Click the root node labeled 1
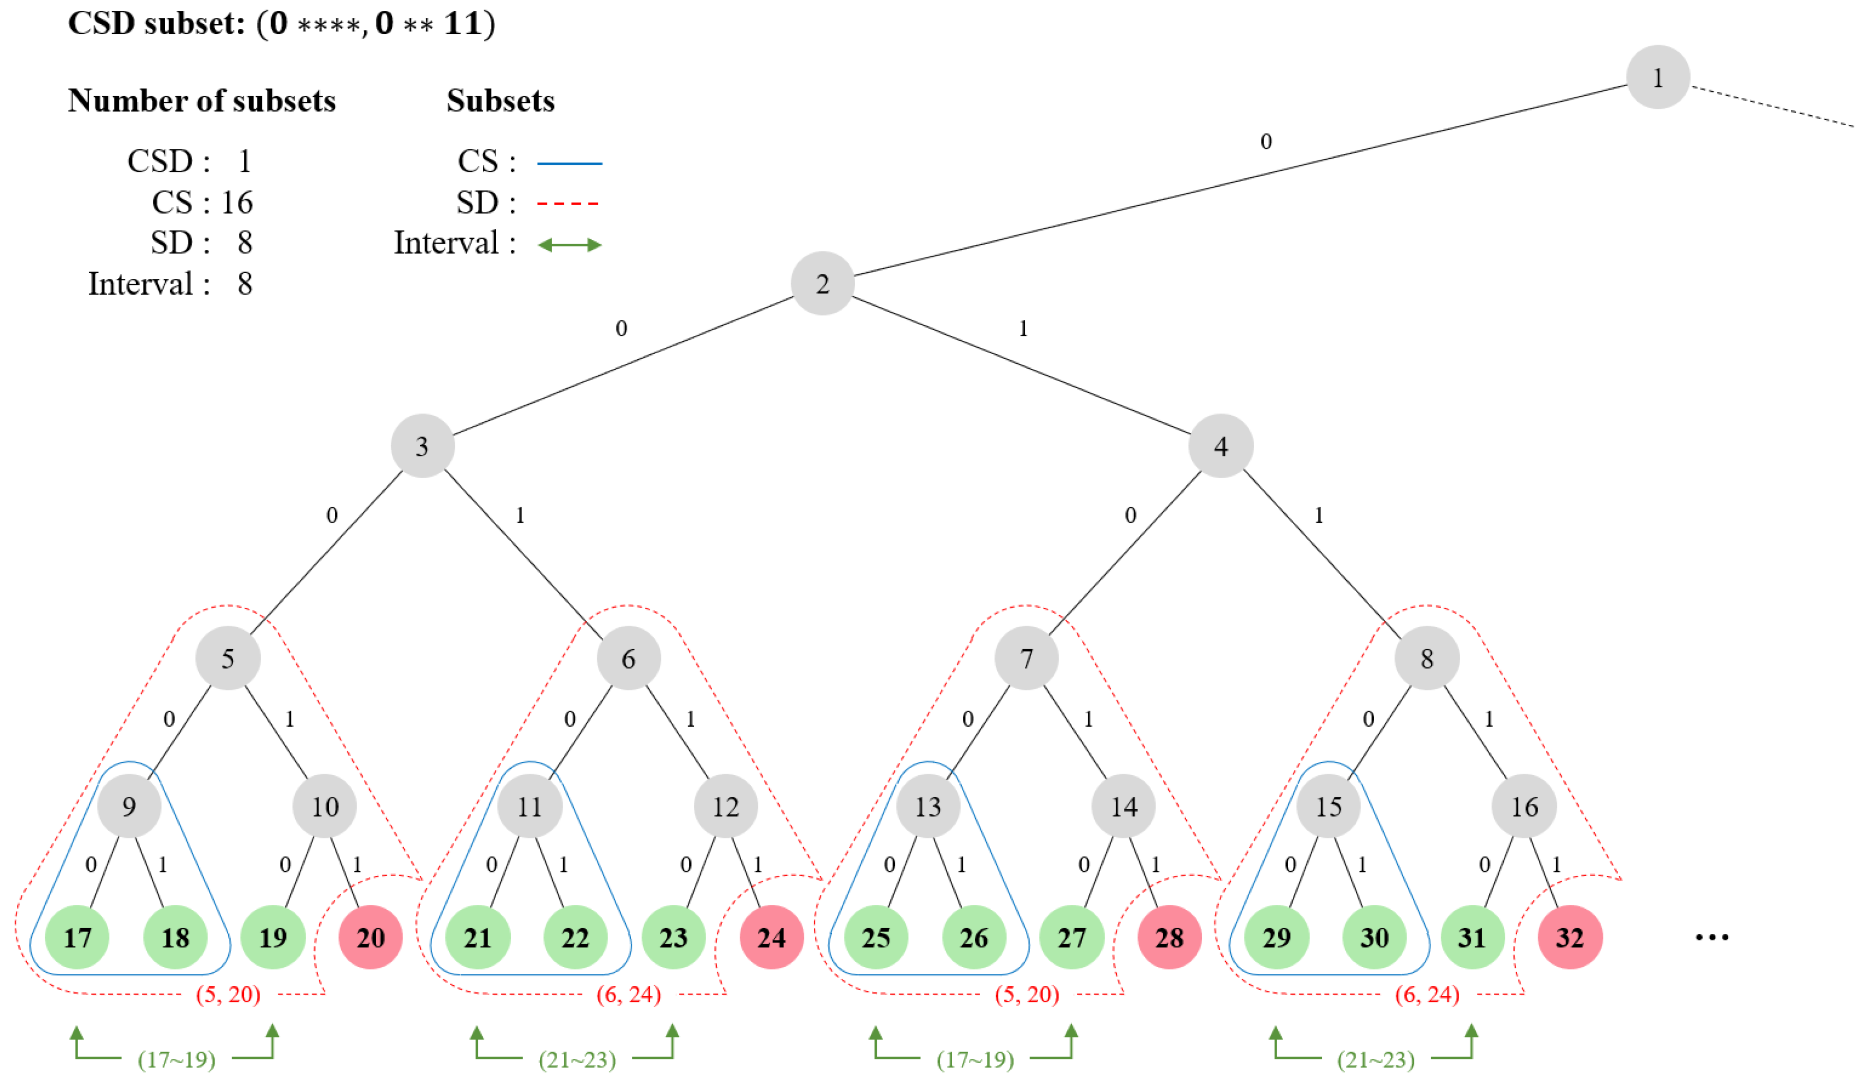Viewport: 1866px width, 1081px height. [x=1657, y=77]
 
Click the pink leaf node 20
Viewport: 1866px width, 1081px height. [x=370, y=937]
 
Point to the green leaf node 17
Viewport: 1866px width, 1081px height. [x=77, y=937]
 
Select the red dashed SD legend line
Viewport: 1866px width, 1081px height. [x=568, y=203]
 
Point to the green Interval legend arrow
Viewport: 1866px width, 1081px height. [x=569, y=245]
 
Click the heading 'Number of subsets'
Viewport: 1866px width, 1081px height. [x=201, y=101]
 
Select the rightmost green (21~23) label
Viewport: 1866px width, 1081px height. [x=1375, y=1059]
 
